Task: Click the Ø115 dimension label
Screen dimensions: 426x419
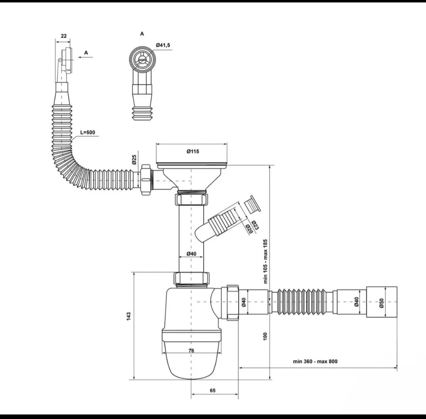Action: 192,152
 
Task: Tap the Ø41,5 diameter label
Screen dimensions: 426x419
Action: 163,45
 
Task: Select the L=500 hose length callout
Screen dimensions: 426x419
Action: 88,133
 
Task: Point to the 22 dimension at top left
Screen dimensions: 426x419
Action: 64,36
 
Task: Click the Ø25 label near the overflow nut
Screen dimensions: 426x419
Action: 134,160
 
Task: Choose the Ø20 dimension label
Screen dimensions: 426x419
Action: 249,229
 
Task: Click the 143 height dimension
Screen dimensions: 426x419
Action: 129,316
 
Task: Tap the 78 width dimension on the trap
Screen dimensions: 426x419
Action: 191,351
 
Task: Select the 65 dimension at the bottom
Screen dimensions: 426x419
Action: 213,391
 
